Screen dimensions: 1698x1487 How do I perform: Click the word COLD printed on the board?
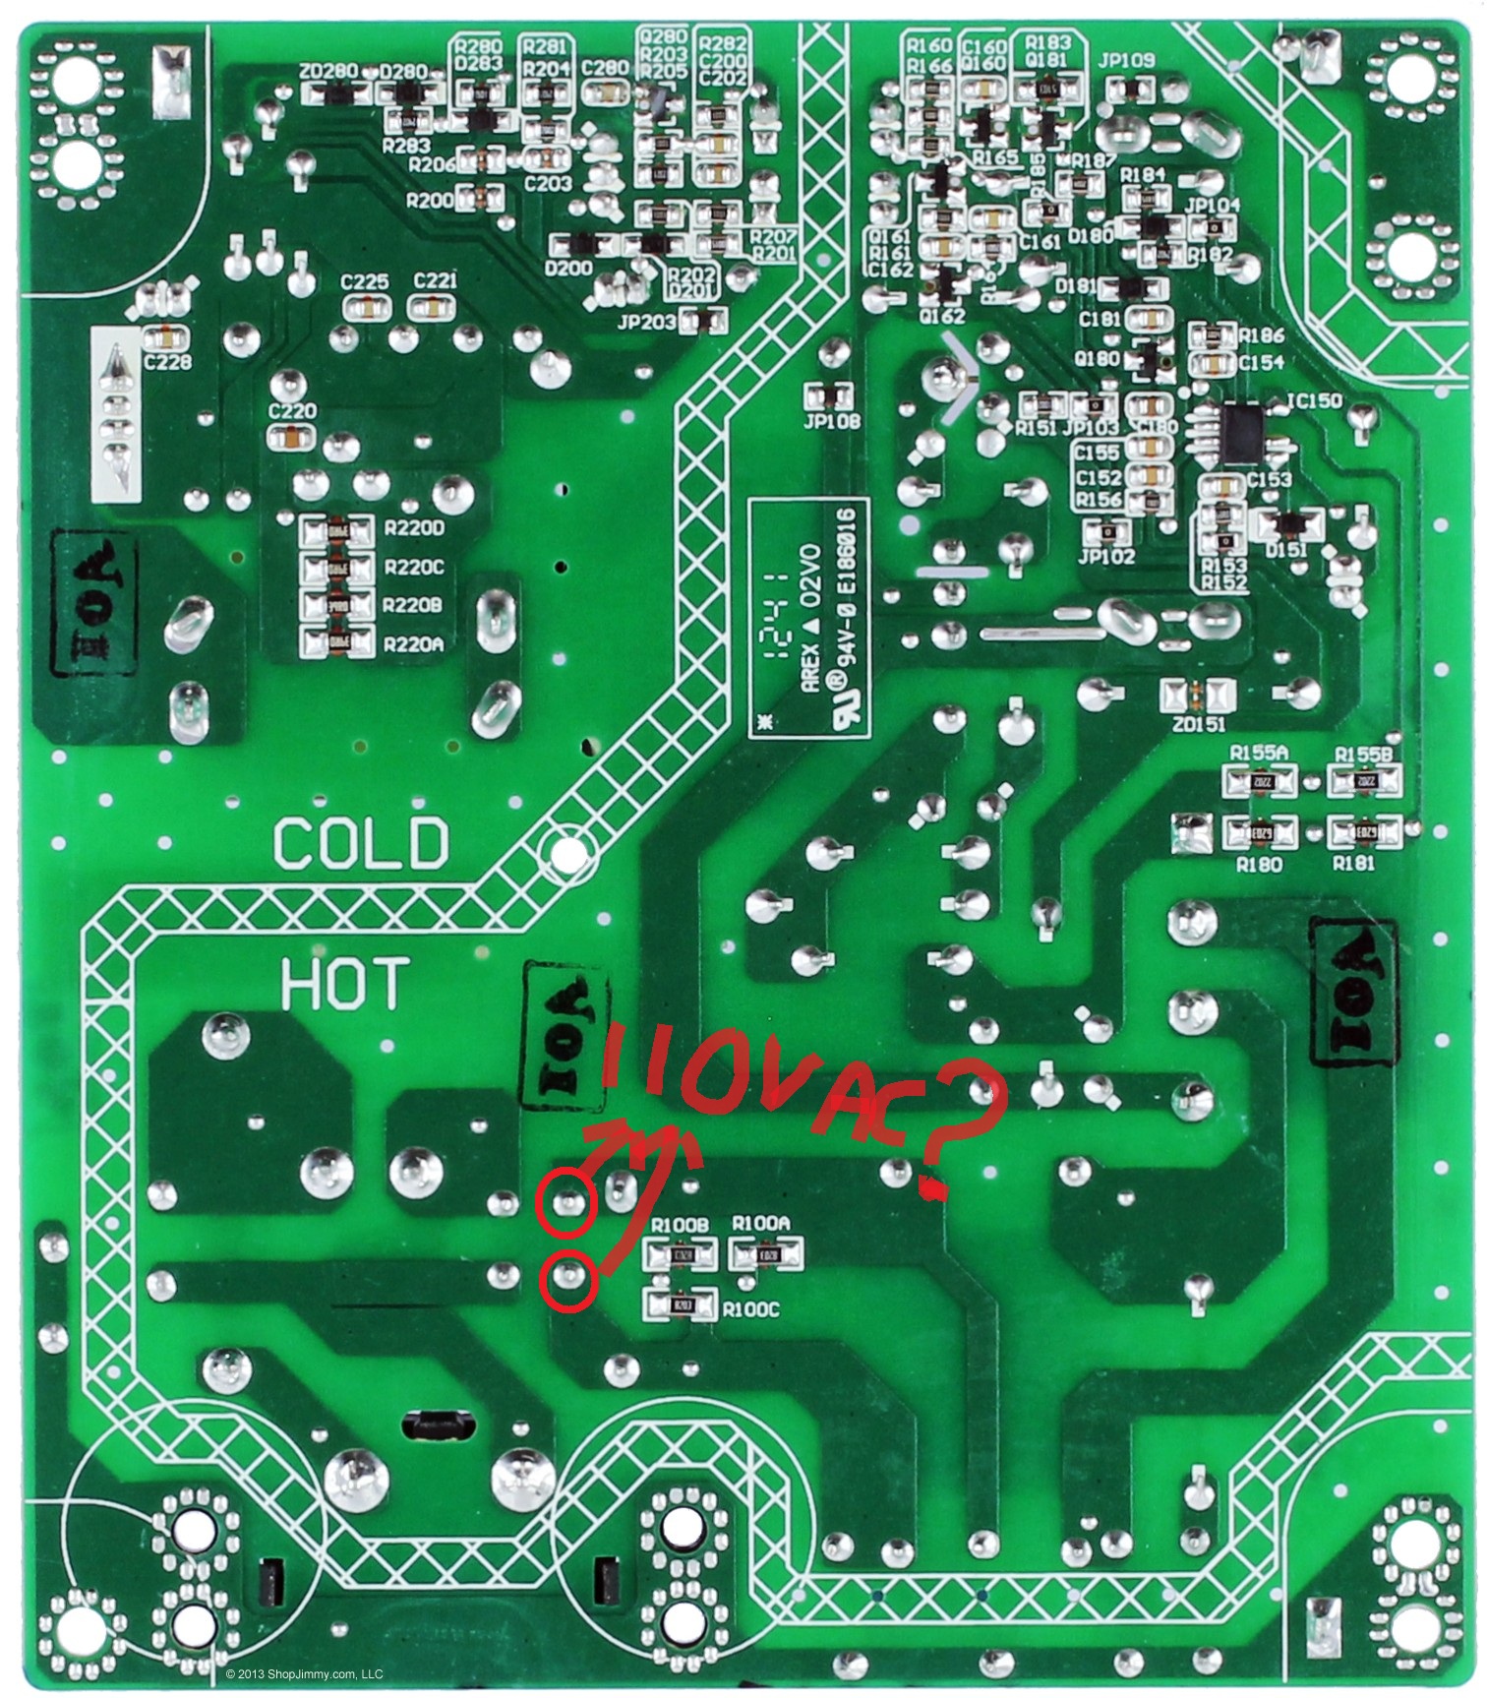[x=360, y=843]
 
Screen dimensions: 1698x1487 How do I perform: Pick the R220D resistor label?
[x=415, y=529]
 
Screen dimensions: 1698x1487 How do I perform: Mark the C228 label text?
[x=167, y=363]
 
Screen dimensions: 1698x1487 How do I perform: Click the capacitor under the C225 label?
[x=365, y=308]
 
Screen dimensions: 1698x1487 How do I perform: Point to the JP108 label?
[x=832, y=422]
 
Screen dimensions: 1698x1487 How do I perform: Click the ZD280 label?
[x=330, y=72]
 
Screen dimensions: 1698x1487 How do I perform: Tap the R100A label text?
[x=761, y=1223]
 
